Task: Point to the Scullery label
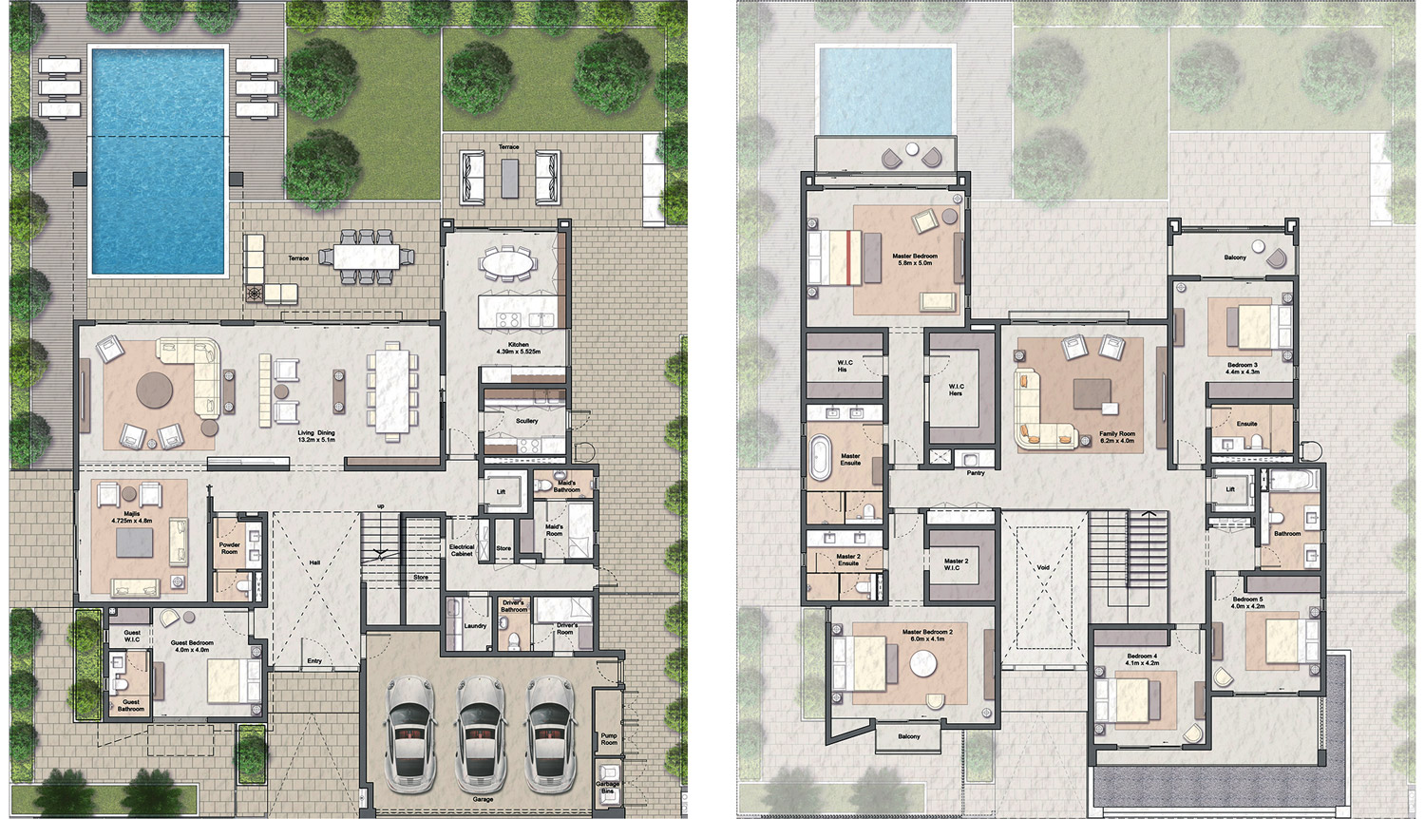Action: point(526,420)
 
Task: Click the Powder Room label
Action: point(230,548)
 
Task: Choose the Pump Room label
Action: point(609,738)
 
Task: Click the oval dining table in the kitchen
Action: point(505,262)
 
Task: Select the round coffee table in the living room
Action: point(154,390)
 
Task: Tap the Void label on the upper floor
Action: point(1043,567)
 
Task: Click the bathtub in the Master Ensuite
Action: point(820,457)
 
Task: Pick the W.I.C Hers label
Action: point(956,390)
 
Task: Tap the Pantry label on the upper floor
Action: point(976,472)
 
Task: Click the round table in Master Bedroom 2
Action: point(923,663)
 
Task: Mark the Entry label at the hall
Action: point(314,660)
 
